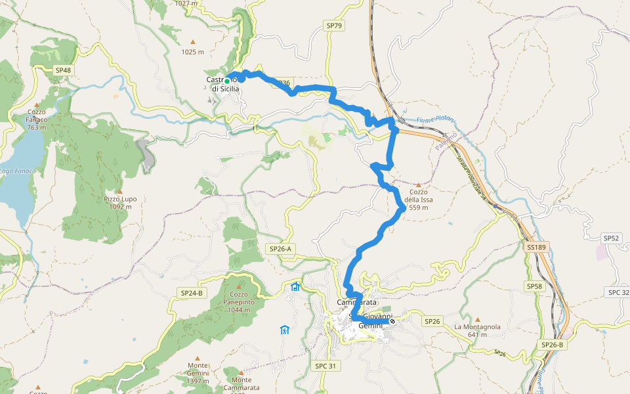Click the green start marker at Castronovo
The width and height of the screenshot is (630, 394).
(x=227, y=81)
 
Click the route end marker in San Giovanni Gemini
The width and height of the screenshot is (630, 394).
(x=392, y=321)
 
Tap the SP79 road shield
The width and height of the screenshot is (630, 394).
(x=333, y=26)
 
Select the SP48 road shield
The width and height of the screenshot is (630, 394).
(x=63, y=70)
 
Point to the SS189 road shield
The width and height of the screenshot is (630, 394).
(x=535, y=248)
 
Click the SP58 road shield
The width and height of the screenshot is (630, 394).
(x=534, y=286)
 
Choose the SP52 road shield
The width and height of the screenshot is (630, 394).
(x=611, y=238)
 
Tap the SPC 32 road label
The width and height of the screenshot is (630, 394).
(x=618, y=292)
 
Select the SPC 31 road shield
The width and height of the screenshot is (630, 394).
(x=325, y=366)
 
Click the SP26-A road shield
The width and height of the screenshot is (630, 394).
(x=280, y=249)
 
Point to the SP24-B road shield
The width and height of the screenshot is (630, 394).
(x=191, y=292)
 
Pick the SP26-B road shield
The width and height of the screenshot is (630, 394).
(x=552, y=345)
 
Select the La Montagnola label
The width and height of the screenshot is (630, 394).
(x=477, y=330)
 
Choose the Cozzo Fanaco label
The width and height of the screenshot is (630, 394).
(x=37, y=119)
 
